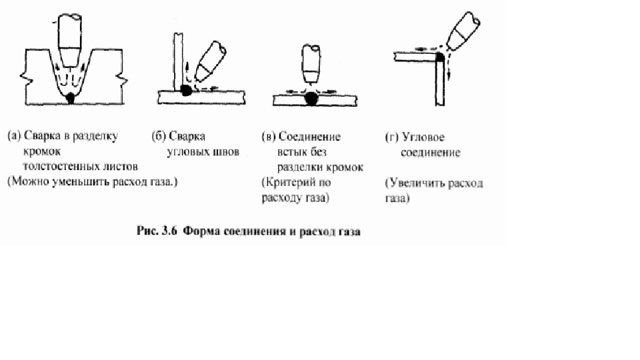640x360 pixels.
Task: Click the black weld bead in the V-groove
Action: (x=71, y=98)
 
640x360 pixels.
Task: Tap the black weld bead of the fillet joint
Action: (x=186, y=90)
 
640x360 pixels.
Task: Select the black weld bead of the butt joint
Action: (x=311, y=99)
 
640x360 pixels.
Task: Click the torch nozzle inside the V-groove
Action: (x=70, y=40)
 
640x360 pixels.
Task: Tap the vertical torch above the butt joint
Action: (x=311, y=63)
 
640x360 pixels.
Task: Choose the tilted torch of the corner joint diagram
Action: (x=463, y=31)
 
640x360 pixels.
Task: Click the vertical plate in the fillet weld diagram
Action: (x=178, y=61)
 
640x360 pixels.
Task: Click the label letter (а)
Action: (x=14, y=135)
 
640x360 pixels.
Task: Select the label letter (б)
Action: (x=159, y=136)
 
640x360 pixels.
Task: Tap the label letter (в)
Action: (x=269, y=136)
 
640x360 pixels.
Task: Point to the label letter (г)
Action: (x=392, y=137)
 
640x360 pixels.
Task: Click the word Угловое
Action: (x=423, y=137)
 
